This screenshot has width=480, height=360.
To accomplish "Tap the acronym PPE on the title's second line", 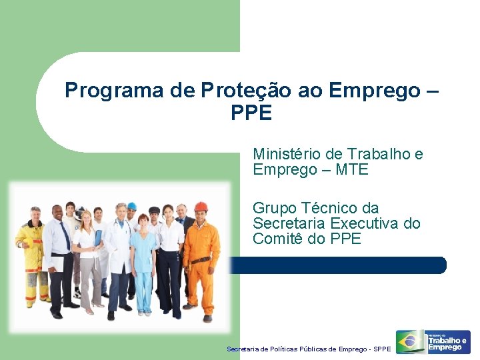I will [x=251, y=114].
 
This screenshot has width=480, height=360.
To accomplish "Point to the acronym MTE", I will [x=352, y=170].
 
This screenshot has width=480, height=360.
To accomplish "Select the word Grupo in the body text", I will [x=275, y=209].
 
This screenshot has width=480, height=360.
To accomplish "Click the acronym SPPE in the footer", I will [x=383, y=349].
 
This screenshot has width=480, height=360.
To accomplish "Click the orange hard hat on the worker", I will [x=201, y=207].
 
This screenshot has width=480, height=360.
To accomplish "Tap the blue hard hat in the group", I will [x=132, y=206].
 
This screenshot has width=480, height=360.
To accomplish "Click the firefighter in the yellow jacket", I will [x=31, y=253].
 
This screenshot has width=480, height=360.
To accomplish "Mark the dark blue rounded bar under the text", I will [x=347, y=265].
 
